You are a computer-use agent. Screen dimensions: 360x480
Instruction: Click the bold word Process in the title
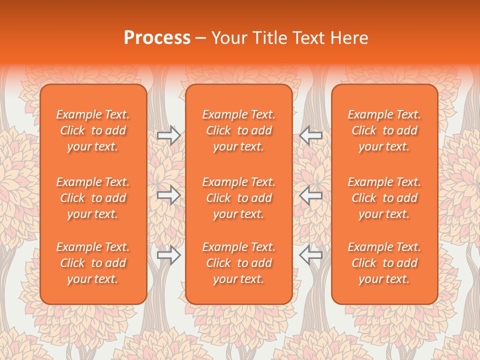pyautogui.click(x=157, y=38)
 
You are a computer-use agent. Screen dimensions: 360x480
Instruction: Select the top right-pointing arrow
pyautogui.click(x=169, y=135)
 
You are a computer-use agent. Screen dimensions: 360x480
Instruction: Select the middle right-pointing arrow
pyautogui.click(x=169, y=195)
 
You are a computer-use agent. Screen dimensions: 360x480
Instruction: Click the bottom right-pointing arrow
pyautogui.click(x=169, y=255)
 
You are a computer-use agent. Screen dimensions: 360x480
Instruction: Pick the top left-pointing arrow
pyautogui.click(x=310, y=135)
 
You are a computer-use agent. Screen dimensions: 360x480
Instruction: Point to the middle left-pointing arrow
pyautogui.click(x=310, y=195)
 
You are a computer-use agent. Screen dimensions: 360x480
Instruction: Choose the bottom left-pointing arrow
pyautogui.click(x=310, y=255)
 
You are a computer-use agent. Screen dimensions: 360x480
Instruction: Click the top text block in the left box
pyautogui.click(x=93, y=130)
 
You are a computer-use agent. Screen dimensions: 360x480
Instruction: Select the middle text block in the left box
pyautogui.click(x=93, y=198)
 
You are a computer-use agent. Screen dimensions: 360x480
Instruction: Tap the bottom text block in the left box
pyautogui.click(x=93, y=263)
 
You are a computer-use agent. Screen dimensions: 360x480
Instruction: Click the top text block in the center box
pyautogui.click(x=239, y=130)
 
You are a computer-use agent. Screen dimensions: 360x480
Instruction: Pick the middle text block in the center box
pyautogui.click(x=239, y=198)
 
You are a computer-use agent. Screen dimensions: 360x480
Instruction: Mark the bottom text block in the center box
pyautogui.click(x=239, y=263)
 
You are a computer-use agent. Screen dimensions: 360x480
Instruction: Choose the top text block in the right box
pyautogui.click(x=384, y=130)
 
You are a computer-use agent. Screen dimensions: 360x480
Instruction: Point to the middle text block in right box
pyautogui.click(x=384, y=198)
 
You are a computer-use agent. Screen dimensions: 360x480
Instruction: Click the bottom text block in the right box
pyautogui.click(x=384, y=263)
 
